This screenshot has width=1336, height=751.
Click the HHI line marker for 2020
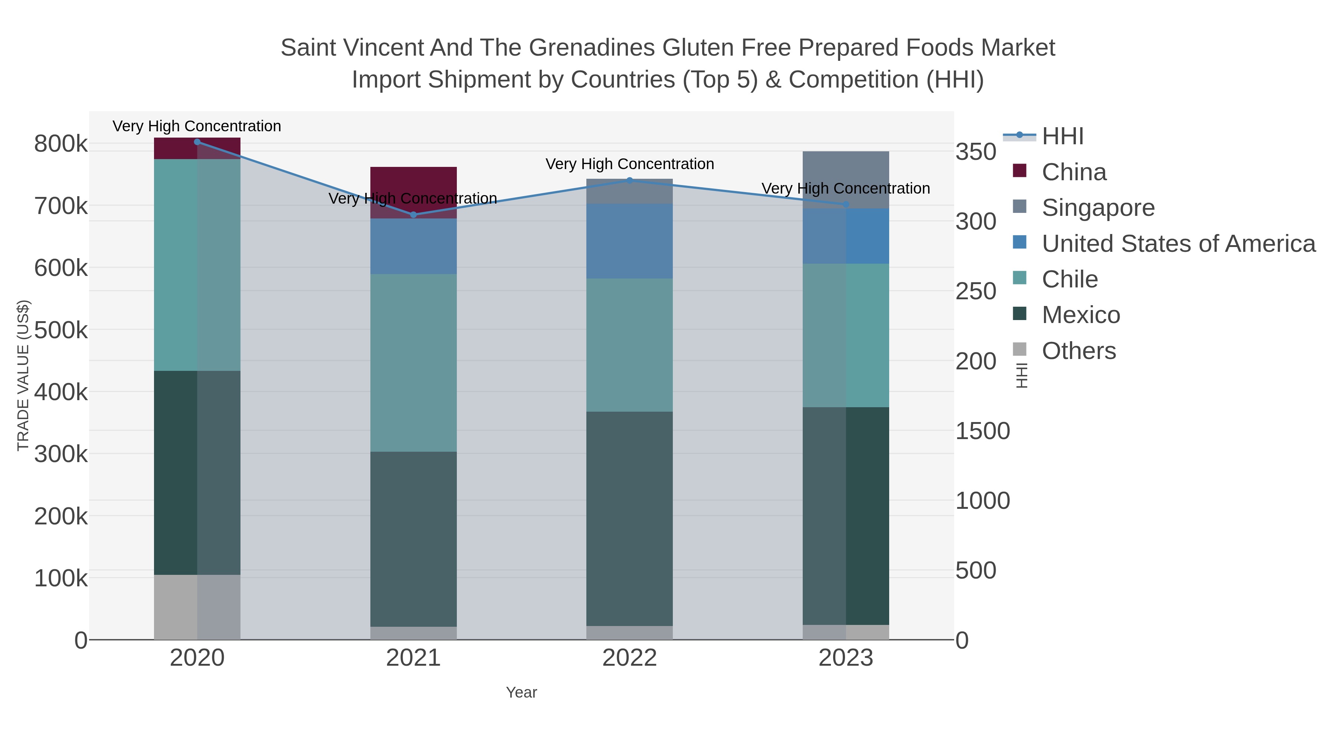click(x=197, y=142)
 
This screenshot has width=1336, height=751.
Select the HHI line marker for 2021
click(x=413, y=215)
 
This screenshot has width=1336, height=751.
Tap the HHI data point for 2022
click(x=630, y=180)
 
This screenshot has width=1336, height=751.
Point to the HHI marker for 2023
click(x=846, y=204)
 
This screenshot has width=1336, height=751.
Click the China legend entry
click(x=1074, y=172)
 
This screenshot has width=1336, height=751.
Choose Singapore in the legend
click(x=1098, y=208)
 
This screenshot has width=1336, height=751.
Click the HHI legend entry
click(x=1062, y=136)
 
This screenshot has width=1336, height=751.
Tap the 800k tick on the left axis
click(x=61, y=144)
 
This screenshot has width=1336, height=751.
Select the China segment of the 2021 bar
click(x=413, y=192)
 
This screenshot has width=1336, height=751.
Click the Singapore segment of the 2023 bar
click(x=846, y=179)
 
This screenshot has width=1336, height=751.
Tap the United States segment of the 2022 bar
click(x=630, y=241)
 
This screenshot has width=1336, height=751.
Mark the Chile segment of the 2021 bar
click(x=413, y=363)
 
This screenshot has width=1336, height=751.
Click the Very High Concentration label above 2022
click(x=630, y=164)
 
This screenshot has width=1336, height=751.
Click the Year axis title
click(x=521, y=692)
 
